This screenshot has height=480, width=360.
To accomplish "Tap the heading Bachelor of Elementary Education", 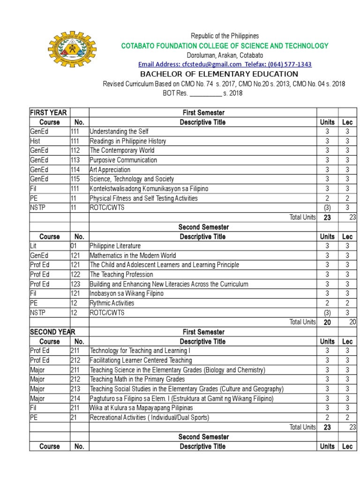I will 219,74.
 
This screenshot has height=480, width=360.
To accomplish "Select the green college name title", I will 225,45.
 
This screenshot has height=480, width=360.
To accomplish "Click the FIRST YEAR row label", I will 48,112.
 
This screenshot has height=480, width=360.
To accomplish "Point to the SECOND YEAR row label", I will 52,332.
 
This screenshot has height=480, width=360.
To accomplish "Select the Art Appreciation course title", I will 110,170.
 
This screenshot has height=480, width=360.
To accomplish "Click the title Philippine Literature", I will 115,246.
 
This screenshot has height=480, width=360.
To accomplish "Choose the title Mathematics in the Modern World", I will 133,255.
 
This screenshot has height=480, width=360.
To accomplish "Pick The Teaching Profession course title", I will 121,275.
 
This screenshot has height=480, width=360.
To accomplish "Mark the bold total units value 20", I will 327,322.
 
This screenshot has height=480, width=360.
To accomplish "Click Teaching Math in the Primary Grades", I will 137,379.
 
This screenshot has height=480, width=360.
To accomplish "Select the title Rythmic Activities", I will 112,303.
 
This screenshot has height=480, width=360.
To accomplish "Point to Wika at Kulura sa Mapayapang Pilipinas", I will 141,408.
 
